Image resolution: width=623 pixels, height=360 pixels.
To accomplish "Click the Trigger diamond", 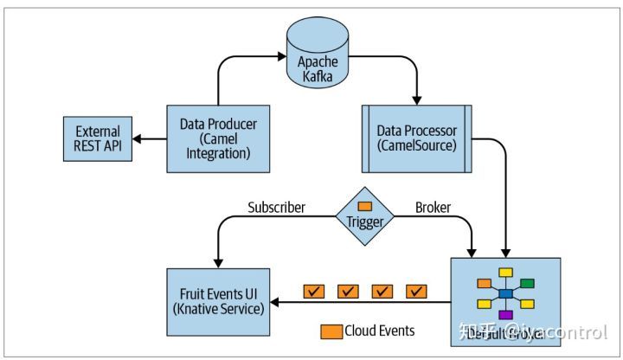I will click(364, 217).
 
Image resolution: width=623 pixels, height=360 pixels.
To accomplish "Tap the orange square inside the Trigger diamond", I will click(364, 206).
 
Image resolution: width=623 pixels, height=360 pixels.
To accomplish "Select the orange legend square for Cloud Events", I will click(331, 331).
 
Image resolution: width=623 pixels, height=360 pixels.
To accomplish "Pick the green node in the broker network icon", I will click(527, 283).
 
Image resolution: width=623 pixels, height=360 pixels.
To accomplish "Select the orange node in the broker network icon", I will click(485, 283).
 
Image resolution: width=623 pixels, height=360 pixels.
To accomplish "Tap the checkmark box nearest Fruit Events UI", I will click(313, 292).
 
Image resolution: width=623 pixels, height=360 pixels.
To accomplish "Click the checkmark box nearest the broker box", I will click(418, 292).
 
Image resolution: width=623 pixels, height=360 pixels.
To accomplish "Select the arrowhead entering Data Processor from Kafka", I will click(418, 98).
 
